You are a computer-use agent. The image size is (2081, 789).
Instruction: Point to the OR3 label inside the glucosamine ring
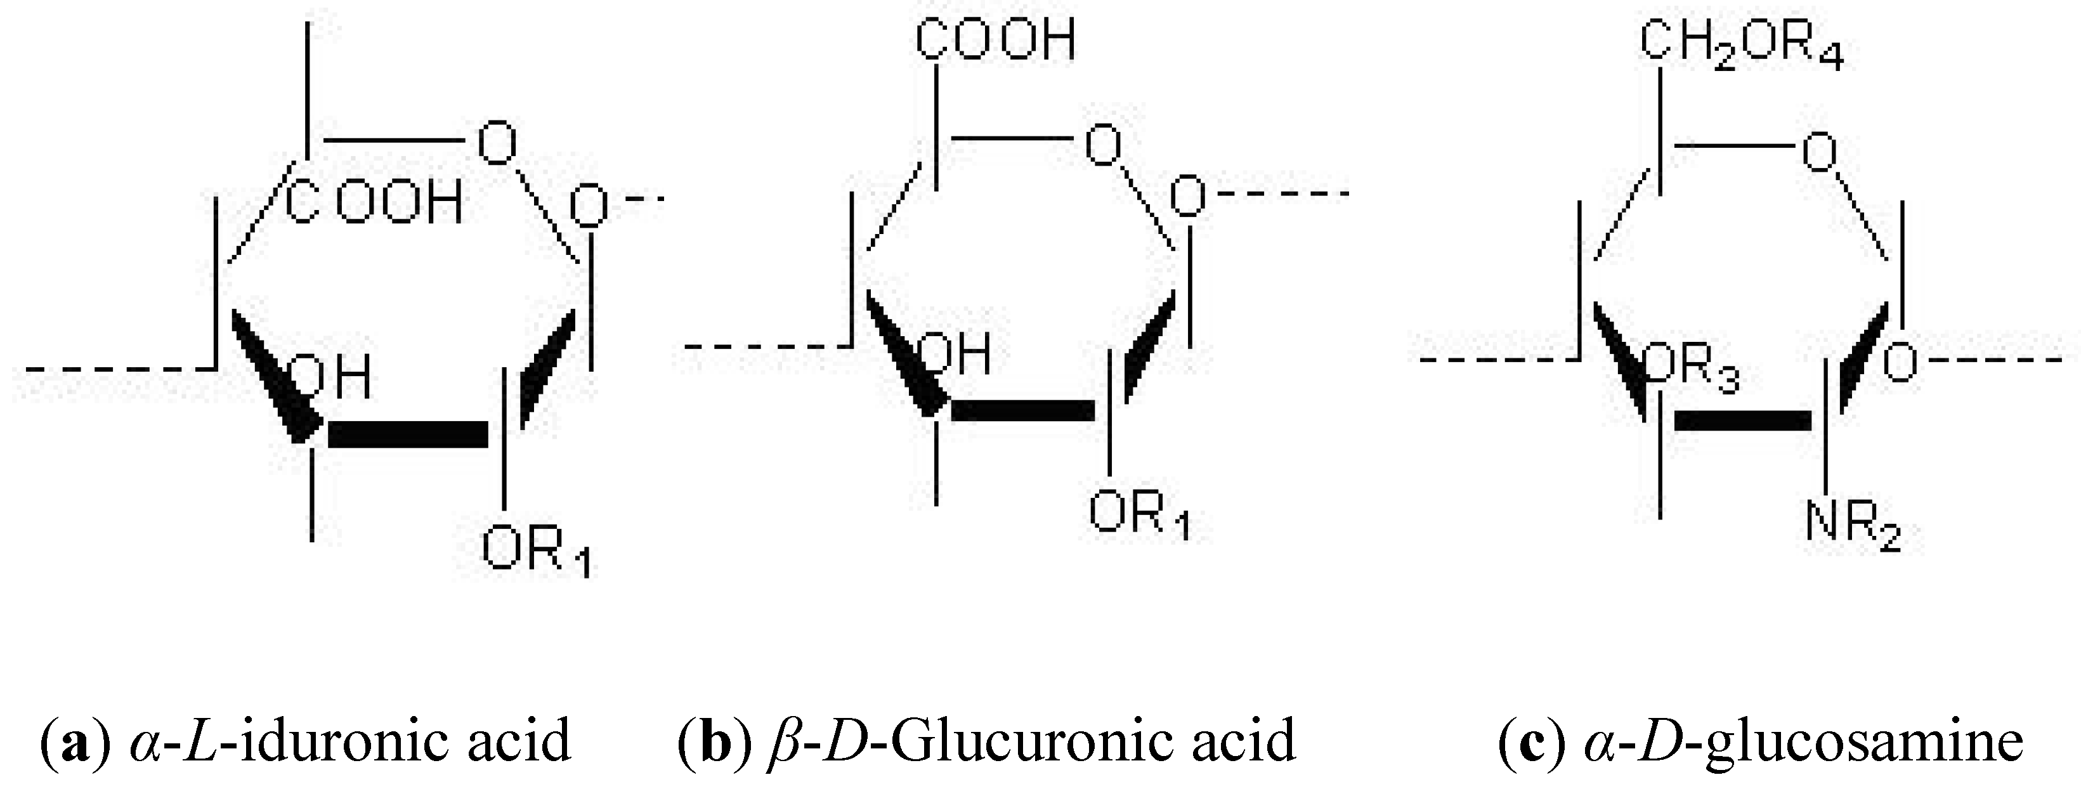click(1692, 370)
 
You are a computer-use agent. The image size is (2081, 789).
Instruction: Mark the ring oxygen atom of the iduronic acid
click(496, 143)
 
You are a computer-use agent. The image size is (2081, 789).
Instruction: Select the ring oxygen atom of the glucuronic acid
click(1103, 146)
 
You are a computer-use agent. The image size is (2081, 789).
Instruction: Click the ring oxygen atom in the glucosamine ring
click(1819, 152)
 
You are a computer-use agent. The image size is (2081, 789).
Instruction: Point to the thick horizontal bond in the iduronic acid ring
click(408, 434)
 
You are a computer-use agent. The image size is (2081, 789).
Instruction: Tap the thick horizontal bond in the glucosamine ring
click(1742, 421)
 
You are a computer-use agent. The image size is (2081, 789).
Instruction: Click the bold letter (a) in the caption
click(74, 741)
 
